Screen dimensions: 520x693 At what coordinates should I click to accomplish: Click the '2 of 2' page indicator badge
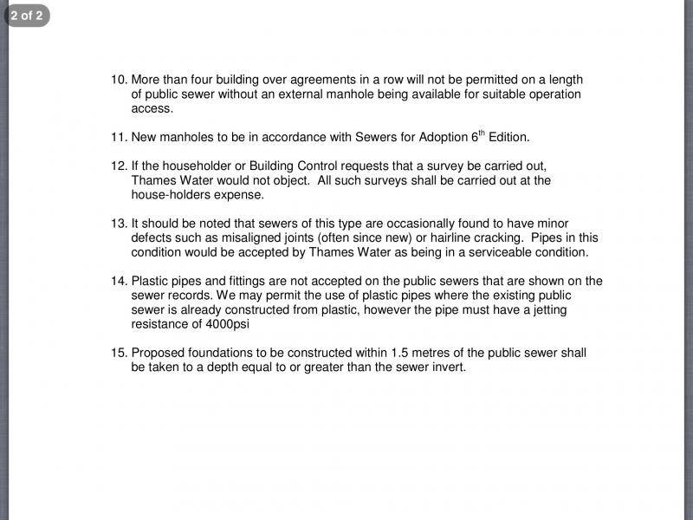coord(27,15)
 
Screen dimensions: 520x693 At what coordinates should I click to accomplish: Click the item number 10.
coord(119,80)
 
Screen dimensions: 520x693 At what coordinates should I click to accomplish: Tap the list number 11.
coord(119,138)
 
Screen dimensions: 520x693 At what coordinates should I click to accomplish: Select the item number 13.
coord(119,224)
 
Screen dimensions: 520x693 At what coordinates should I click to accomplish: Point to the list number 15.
coord(119,353)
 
